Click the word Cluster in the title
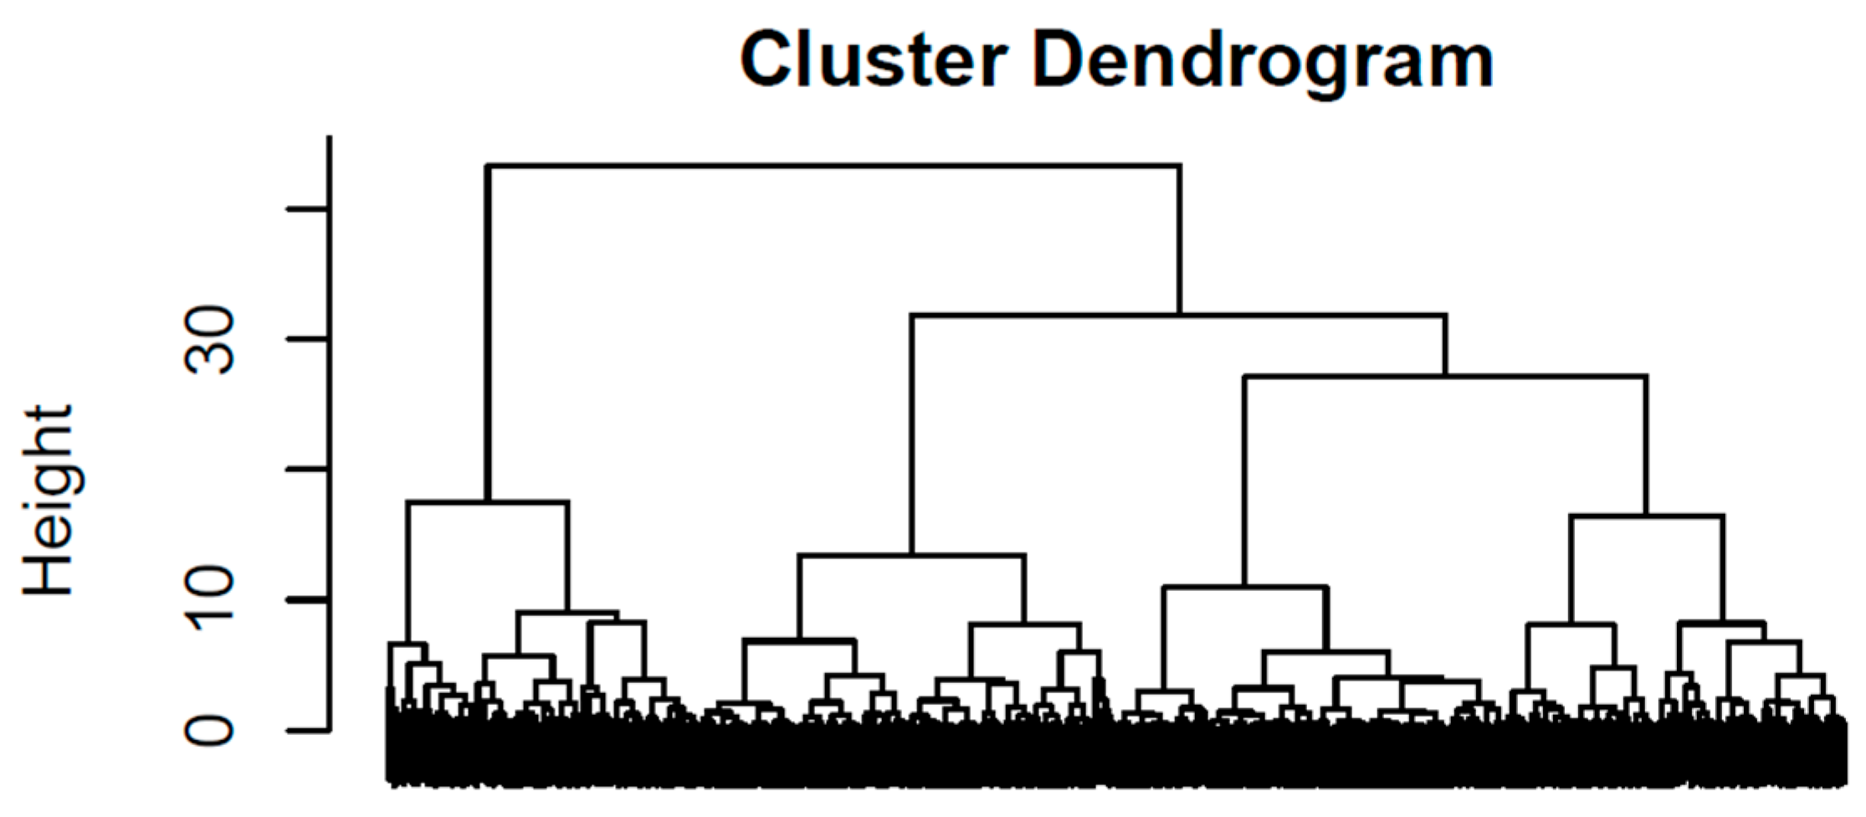pos(874,60)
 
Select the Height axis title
pos(49,500)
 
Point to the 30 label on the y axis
pos(211,339)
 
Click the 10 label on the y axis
pos(211,600)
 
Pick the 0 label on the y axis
pos(211,731)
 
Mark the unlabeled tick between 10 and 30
pos(307,470)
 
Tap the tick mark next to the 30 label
pos(307,339)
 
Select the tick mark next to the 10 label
pos(307,600)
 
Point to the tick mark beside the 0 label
pos(307,731)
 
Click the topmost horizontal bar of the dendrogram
pos(835,166)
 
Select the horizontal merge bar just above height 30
pos(1178,316)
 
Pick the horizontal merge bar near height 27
pos(1446,377)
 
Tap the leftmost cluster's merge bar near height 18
pos(487,501)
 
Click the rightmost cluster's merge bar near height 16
pos(1647,516)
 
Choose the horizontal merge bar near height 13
pos(912,555)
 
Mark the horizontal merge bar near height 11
pos(1245,587)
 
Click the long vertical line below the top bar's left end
pos(490,333)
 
